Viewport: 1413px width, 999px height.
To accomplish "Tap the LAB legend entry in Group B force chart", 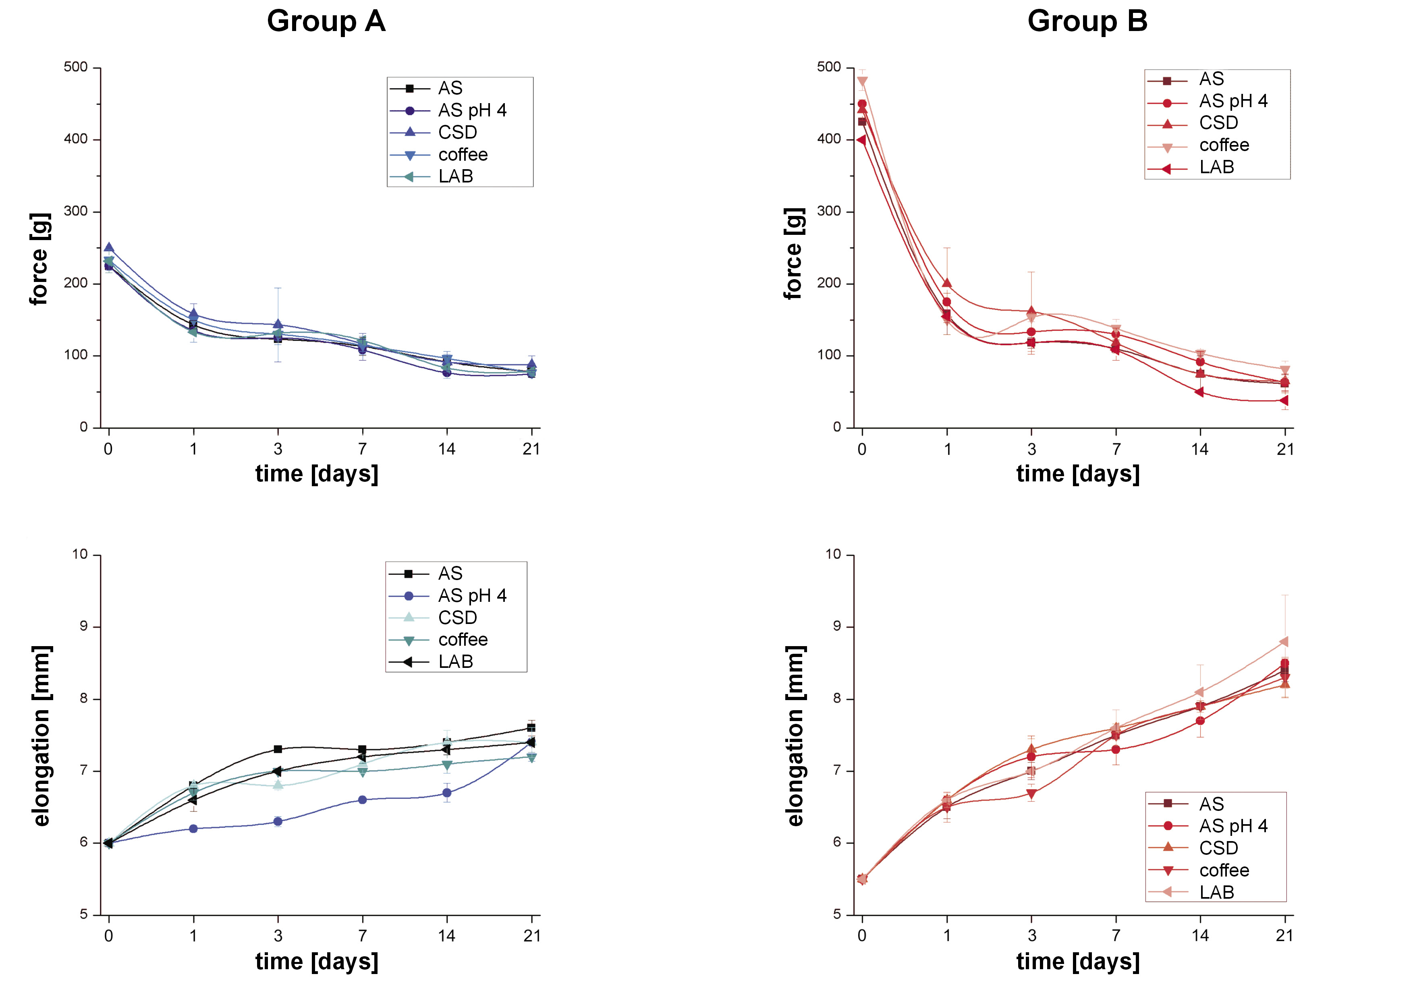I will (1216, 167).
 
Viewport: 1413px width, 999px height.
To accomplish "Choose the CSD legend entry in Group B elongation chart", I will (1218, 848).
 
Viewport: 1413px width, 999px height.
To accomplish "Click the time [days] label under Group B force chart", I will (1078, 474).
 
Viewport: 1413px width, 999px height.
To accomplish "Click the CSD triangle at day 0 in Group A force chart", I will (109, 248).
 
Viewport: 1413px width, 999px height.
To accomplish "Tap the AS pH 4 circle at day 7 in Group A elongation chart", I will (363, 800).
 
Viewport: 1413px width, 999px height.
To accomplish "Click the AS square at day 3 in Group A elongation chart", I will (278, 749).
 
